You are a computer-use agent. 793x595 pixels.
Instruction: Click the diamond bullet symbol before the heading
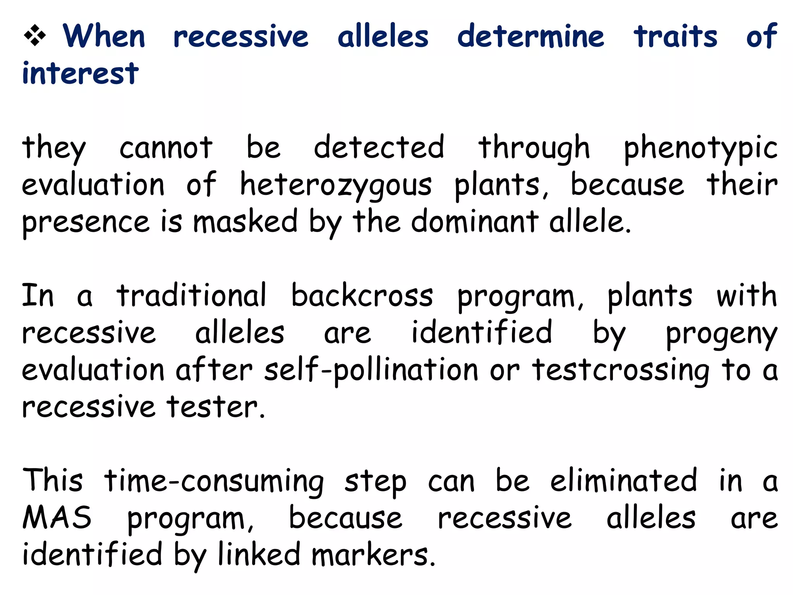coord(35,36)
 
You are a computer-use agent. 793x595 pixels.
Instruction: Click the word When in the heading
coord(104,36)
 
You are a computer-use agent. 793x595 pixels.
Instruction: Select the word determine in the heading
coord(530,36)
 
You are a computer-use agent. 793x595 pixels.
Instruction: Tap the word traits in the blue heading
coord(675,36)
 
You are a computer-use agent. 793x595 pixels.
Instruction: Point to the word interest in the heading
coord(80,73)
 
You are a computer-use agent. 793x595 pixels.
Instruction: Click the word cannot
coord(166,148)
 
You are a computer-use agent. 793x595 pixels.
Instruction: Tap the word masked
coord(245,222)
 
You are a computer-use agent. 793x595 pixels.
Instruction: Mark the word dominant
coord(474,222)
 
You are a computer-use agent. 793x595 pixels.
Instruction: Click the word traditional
coord(192,295)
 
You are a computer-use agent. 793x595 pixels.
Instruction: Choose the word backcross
coord(362,295)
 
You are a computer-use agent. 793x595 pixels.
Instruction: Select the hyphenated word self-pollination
coord(371,370)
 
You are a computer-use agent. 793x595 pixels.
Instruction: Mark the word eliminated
coord(623,480)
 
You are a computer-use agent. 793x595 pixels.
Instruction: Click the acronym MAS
coord(57,518)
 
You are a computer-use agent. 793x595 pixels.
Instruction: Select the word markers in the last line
coord(373,555)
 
